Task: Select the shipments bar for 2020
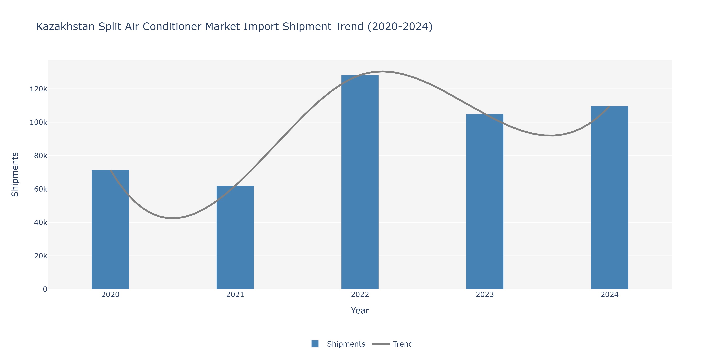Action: [110, 229]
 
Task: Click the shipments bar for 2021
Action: [235, 238]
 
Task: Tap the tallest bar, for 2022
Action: [360, 182]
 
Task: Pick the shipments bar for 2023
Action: [485, 201]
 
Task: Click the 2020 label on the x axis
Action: [110, 295]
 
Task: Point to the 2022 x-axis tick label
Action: [360, 295]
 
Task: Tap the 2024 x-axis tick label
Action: [610, 295]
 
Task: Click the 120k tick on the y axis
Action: [39, 89]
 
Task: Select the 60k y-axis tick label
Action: [41, 189]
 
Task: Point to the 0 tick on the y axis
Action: [45, 289]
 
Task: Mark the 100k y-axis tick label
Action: [39, 122]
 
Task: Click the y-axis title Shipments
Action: [15, 174]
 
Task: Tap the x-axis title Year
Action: [360, 311]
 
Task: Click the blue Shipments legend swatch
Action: [315, 344]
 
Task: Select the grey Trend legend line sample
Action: [381, 344]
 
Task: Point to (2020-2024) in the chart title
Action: [400, 27]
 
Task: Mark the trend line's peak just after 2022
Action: [383, 72]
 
